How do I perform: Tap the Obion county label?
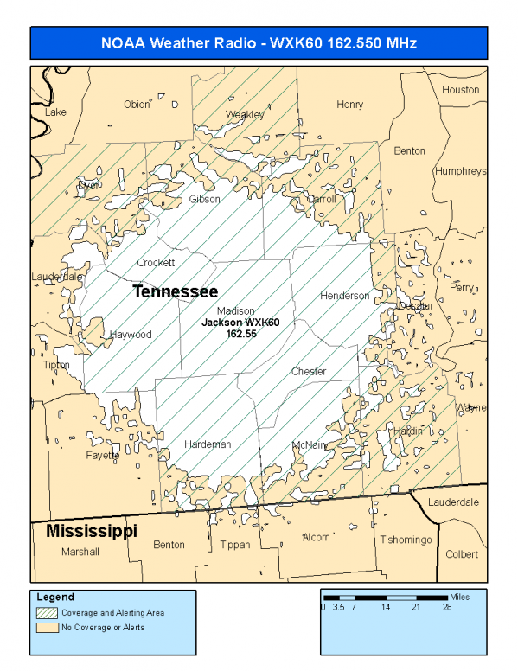point(137,105)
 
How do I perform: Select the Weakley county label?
point(245,115)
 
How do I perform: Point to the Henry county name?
point(350,105)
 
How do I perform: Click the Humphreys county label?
point(461,171)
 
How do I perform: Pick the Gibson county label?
point(205,200)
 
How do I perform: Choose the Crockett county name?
point(156,262)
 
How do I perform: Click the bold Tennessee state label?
point(175,292)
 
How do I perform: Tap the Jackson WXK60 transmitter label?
point(241,322)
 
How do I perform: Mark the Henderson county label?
point(345,296)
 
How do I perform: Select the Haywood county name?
point(131,335)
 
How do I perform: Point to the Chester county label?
point(309,372)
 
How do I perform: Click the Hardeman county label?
point(208,444)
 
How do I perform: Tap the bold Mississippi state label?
point(92,530)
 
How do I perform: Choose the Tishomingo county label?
point(406,540)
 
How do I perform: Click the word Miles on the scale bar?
point(461,597)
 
